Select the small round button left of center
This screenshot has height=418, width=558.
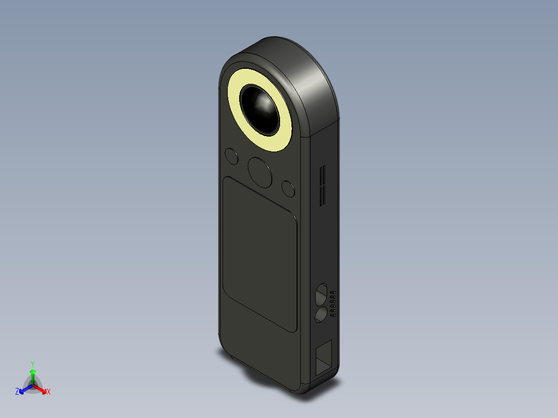click(x=232, y=156)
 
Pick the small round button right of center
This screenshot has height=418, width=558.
click(x=288, y=188)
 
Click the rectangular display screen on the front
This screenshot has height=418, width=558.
click(x=259, y=253)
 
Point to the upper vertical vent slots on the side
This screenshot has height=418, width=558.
click(x=322, y=175)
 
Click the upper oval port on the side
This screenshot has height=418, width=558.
click(x=321, y=293)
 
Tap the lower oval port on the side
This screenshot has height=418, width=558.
click(x=321, y=314)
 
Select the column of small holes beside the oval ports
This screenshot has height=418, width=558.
click(x=333, y=303)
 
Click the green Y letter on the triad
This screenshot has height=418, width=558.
click(x=32, y=364)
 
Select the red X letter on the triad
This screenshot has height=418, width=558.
click(x=48, y=392)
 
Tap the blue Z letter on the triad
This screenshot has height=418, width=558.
click(x=17, y=392)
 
